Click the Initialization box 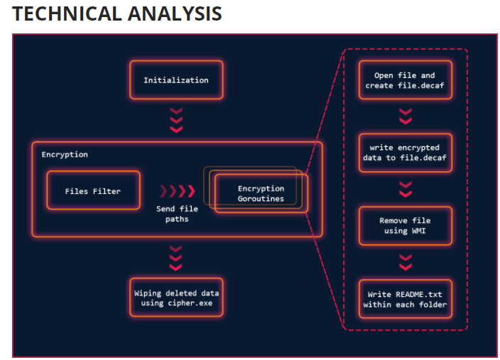click(176, 80)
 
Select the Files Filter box click(93, 190)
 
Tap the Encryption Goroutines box click(261, 194)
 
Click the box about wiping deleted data click(176, 298)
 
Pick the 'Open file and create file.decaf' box click(405, 80)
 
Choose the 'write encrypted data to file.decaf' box click(405, 153)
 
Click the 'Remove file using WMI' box click(405, 226)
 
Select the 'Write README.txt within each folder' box click(405, 299)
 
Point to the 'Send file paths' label click(178, 214)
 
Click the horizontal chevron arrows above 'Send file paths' click(178, 190)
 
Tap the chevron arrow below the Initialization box click(177, 119)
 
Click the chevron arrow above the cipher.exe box click(177, 256)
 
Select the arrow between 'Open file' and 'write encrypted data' click(405, 116)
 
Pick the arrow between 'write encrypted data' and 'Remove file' click(405, 189)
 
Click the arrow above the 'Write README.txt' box click(405, 262)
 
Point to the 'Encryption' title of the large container click(65, 154)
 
